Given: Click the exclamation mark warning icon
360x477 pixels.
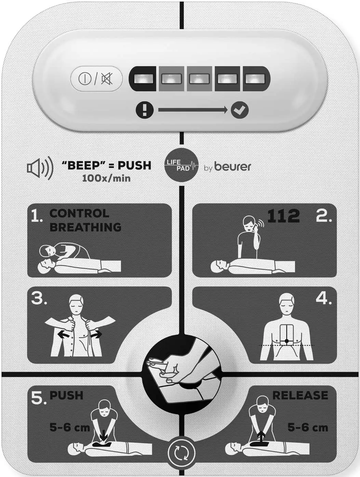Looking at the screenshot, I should point(145,110).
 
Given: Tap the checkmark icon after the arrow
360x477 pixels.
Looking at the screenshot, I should point(239,110).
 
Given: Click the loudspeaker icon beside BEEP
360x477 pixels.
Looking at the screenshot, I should point(40,168).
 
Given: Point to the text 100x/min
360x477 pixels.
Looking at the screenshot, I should point(106,178).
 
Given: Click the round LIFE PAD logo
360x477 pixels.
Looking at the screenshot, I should point(182,165).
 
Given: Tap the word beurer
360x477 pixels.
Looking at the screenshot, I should point(233,167).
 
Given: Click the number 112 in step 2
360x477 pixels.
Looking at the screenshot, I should point(283,216).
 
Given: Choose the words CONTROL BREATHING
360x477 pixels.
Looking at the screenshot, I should point(85,220).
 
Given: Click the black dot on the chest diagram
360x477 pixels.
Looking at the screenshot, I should point(286,341).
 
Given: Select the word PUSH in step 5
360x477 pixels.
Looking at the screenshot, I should point(66,395).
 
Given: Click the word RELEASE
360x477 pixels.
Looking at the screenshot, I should point(300,395).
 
